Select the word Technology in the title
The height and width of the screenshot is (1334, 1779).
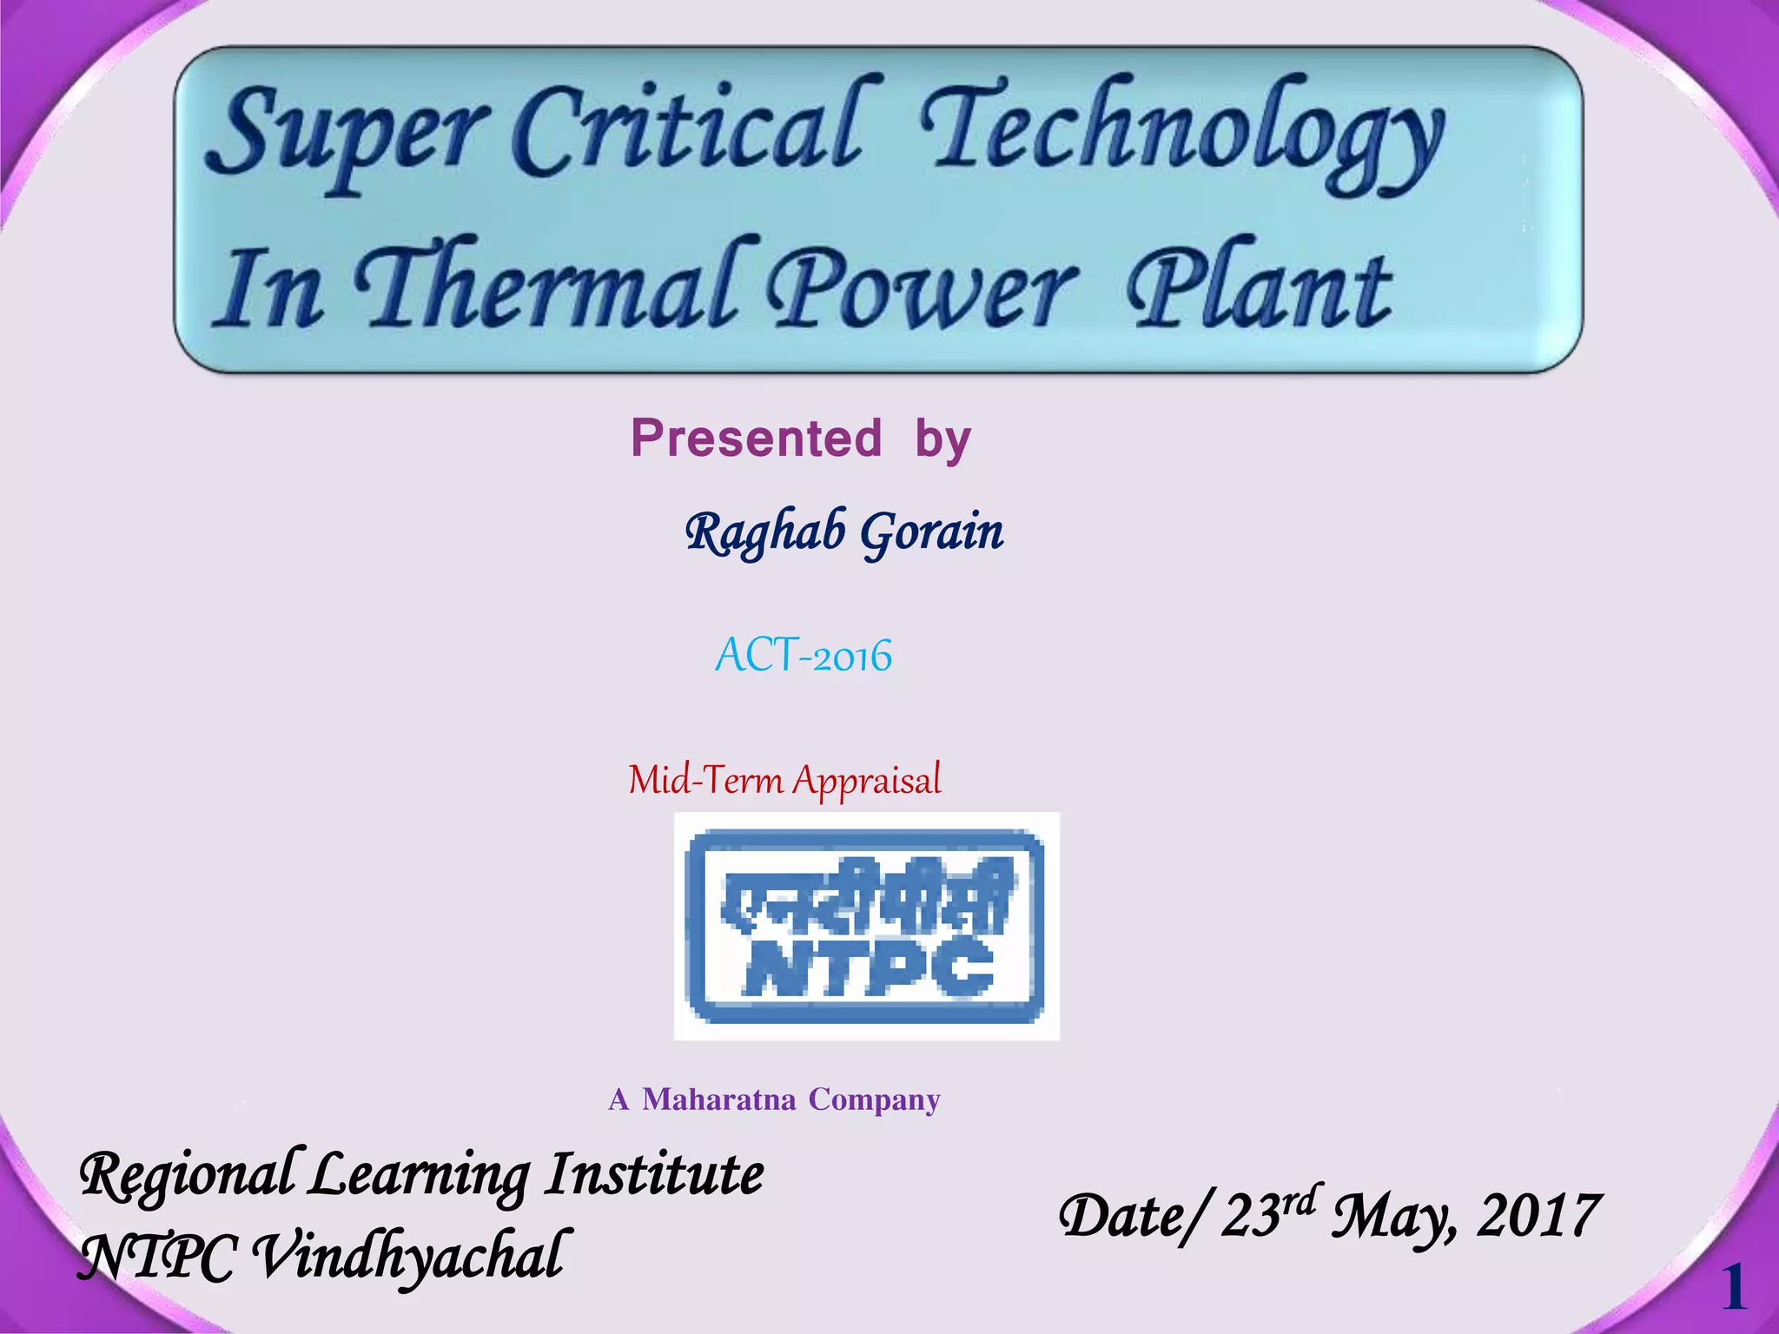(x=1181, y=135)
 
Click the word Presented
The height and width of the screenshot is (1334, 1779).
(x=756, y=438)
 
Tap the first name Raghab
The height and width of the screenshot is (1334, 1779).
(x=764, y=532)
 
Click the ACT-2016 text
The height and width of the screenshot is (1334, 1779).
(x=804, y=655)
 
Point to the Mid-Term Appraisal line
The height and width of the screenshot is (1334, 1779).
(x=784, y=779)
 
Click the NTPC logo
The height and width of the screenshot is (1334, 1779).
(x=866, y=926)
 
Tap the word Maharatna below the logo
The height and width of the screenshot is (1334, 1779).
(x=718, y=1100)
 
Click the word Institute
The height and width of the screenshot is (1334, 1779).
(x=655, y=1174)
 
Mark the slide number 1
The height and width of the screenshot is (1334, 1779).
(x=1733, y=1287)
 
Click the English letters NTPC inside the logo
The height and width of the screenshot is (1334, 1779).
(x=869, y=966)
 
